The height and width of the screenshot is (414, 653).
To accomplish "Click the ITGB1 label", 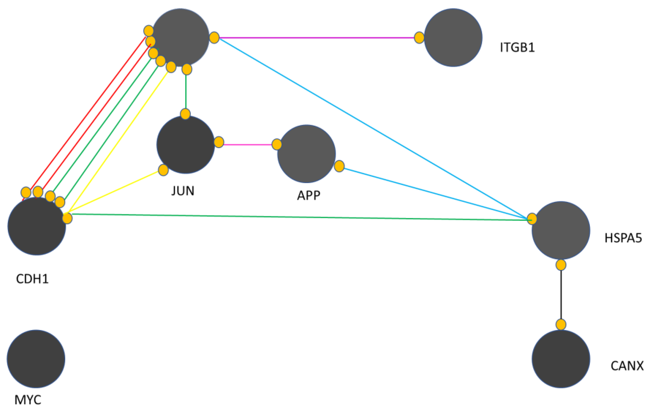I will pyautogui.click(x=517, y=48).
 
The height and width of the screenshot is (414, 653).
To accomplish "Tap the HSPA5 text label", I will pyautogui.click(x=623, y=238).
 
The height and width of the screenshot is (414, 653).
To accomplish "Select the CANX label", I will pyautogui.click(x=627, y=366).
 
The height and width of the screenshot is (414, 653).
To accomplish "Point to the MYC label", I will pyautogui.click(x=28, y=400).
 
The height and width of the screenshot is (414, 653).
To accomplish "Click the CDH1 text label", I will pyautogui.click(x=32, y=279).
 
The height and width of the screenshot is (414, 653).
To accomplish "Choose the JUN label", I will pyautogui.click(x=183, y=191).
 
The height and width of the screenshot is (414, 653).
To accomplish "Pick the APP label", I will pyautogui.click(x=309, y=195).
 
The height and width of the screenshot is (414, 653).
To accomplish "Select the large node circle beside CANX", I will pyautogui.click(x=561, y=359).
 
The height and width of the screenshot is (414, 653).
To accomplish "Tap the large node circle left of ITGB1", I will pyautogui.click(x=453, y=37).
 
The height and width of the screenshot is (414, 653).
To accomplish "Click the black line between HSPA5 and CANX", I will pyautogui.click(x=561, y=295).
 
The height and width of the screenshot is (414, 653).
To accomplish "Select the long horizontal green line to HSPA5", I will pyautogui.click(x=298, y=217).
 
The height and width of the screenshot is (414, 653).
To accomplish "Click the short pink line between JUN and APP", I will pyautogui.click(x=248, y=145).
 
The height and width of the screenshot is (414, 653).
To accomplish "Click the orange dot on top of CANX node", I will pyautogui.click(x=561, y=324).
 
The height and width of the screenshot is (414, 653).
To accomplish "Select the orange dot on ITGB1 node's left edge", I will pyautogui.click(x=419, y=37).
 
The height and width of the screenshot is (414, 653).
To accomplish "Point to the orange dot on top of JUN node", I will pyautogui.click(x=185, y=114).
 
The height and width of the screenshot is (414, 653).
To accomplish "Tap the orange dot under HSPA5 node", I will pyautogui.click(x=561, y=265).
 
